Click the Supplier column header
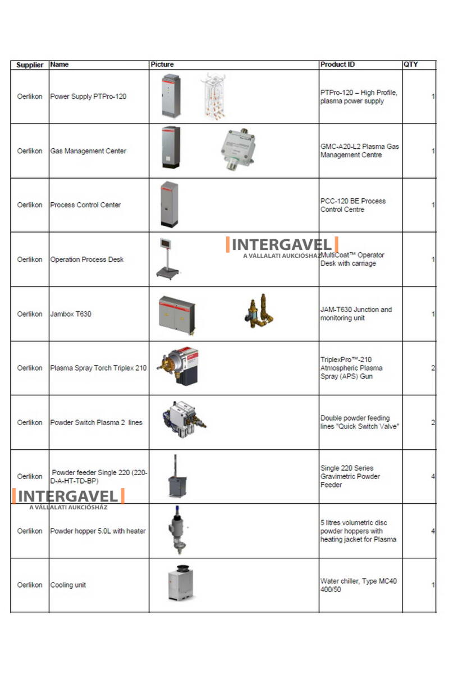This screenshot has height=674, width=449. pos(30,65)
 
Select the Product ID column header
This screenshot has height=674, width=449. pos(337,65)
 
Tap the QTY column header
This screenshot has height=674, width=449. pos(410,65)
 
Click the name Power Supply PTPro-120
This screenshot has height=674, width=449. pos(88,97)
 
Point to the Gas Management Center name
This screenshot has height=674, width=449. pos(88,151)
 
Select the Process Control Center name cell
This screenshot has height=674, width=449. pos(85,205)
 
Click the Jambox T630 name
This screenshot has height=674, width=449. pos(71,314)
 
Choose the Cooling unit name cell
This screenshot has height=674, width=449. pos(68,585)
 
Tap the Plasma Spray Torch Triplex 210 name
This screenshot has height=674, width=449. pos(98,368)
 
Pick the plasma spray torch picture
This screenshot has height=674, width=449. pos(177,366)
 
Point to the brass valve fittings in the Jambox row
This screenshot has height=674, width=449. pos(259,311)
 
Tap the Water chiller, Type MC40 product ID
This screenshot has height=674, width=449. pos(358,585)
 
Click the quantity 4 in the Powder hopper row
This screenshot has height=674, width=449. pos(433,531)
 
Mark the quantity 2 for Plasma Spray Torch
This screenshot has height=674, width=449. pos(433,368)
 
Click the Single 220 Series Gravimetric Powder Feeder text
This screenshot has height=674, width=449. pos(350,476)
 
